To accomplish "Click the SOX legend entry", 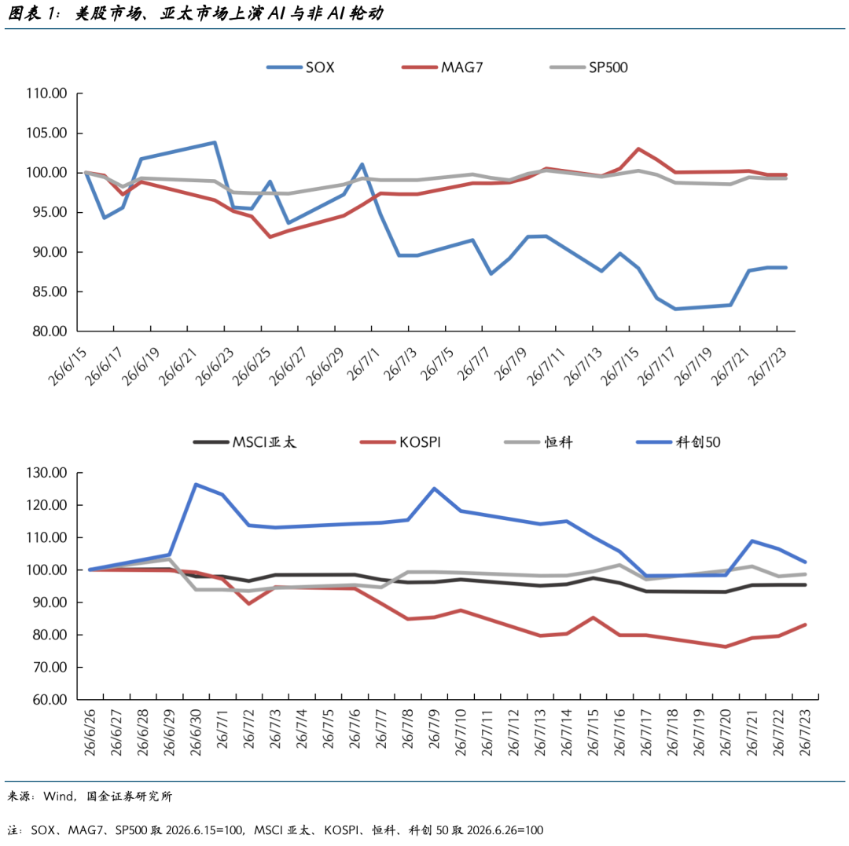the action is click(300, 68).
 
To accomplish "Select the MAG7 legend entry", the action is click(443, 68).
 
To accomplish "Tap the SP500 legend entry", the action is click(589, 68).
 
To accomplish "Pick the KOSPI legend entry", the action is click(401, 442).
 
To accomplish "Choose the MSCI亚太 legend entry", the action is click(244, 442).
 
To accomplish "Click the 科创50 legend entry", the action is click(678, 442).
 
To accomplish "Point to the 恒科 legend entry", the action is click(538, 442).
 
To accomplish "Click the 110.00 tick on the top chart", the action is click(46, 93).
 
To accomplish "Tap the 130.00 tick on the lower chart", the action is click(46, 474).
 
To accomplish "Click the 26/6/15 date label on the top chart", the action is click(68, 366).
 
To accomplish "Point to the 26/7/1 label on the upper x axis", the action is click(363, 364).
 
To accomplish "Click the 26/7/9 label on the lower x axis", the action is click(434, 729).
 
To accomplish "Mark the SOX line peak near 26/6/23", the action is click(215, 143).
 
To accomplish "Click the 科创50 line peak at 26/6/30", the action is click(196, 485).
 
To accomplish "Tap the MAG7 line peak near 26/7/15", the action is click(639, 148).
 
